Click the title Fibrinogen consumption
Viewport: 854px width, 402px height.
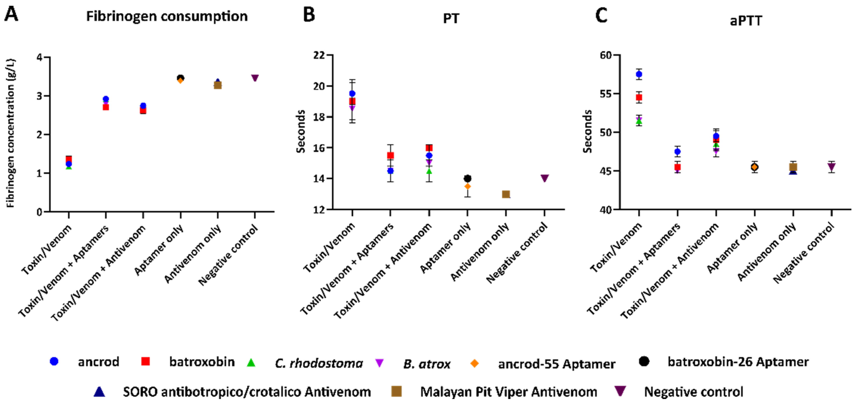tap(167, 16)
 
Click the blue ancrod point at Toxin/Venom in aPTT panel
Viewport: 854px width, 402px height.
tap(639, 74)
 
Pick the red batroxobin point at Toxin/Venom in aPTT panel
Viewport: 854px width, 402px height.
tap(639, 97)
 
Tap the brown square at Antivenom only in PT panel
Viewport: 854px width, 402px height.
tap(506, 194)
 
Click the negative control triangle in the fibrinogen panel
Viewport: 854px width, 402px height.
tap(255, 78)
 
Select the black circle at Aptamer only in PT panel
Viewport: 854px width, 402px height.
tap(467, 179)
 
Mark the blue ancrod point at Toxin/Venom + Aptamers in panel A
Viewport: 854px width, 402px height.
tap(106, 99)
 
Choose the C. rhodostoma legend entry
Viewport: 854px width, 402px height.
tap(318, 363)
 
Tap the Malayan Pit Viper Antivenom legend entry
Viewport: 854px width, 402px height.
tap(508, 392)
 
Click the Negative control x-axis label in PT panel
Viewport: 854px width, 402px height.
tap(517, 254)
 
